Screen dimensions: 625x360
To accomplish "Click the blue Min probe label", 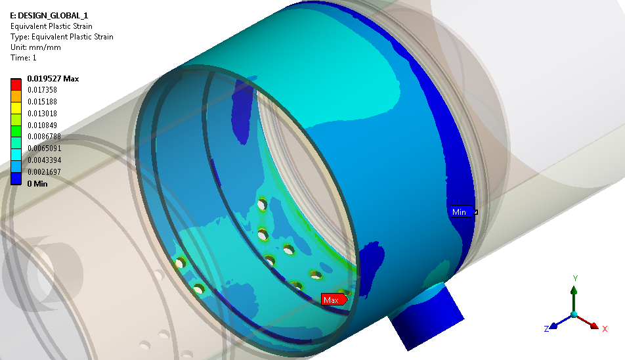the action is [x=462, y=212].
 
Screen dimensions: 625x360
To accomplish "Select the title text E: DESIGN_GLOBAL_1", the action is [x=49, y=16].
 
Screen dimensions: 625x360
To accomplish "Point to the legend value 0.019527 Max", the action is [x=53, y=79].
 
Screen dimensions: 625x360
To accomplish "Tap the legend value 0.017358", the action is [x=42, y=90].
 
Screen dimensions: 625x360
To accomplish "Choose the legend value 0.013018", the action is [x=42, y=114].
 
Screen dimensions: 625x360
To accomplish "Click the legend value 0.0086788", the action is [x=44, y=137].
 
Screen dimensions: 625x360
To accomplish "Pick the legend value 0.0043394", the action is [x=44, y=160].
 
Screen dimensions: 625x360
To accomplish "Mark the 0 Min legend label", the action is [x=37, y=184].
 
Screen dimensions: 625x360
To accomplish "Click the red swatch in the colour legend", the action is [x=16, y=85].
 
